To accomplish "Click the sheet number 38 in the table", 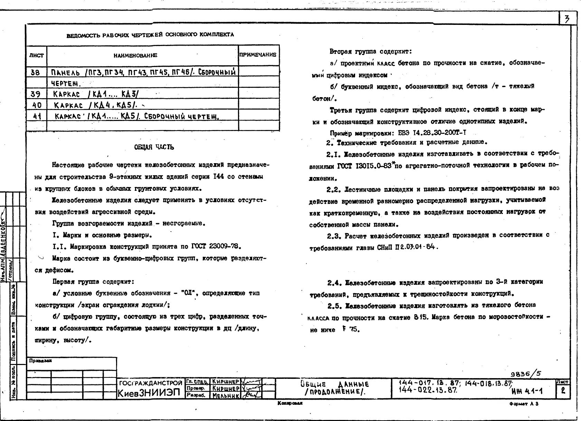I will click(x=35, y=73).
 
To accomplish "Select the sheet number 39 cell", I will click(x=36, y=94).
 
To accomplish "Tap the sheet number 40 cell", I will click(x=37, y=105).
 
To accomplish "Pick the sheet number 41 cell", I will click(x=37, y=116).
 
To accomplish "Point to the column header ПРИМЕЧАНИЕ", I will click(x=258, y=55).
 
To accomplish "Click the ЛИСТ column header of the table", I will click(x=36, y=55).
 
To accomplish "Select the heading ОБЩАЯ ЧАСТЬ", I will click(x=154, y=147).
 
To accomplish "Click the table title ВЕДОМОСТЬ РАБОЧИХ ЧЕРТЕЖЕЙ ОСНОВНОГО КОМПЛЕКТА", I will click(x=150, y=35).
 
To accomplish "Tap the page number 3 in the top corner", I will click(x=567, y=19).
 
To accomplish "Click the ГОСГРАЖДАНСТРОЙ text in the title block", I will click(x=151, y=383).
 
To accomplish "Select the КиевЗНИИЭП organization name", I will click(x=149, y=393).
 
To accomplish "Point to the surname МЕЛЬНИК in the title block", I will click(x=226, y=396).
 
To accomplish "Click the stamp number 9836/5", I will click(x=526, y=374).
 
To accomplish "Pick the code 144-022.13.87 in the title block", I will click(x=428, y=390).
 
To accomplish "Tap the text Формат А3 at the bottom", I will click(x=524, y=404).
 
